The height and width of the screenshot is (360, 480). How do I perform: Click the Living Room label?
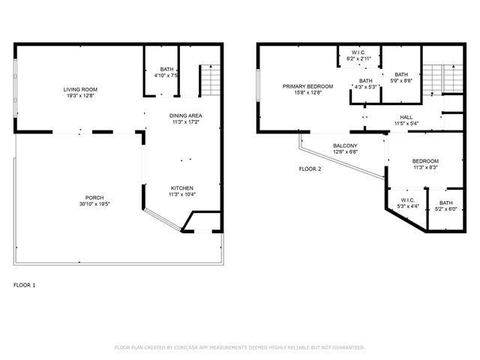(80, 89)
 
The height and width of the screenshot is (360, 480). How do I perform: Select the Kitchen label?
(182, 187)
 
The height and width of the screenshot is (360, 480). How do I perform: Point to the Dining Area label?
(185, 115)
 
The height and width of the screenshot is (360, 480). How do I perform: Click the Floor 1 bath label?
(166, 69)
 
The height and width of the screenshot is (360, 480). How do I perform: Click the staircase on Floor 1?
(211, 79)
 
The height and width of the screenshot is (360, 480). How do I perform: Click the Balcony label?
(345, 145)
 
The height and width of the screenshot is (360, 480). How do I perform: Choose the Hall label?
(406, 117)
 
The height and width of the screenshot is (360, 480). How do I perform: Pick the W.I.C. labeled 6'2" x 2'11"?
(358, 52)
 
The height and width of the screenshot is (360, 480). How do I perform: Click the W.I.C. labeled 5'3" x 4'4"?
(407, 200)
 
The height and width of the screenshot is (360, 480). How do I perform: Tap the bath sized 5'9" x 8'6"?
(401, 74)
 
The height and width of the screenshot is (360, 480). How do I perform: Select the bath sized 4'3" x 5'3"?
(365, 81)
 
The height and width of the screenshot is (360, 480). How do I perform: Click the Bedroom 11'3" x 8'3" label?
(425, 161)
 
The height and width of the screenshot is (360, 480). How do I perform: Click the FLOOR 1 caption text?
(25, 285)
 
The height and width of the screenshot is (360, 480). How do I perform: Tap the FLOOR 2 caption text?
(310, 169)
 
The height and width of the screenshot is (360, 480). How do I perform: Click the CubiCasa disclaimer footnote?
(239, 347)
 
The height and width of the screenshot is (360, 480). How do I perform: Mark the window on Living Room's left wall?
(16, 88)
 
